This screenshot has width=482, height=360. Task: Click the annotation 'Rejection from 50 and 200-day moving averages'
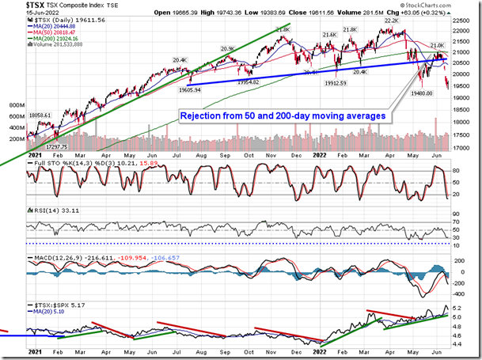pos(283,116)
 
